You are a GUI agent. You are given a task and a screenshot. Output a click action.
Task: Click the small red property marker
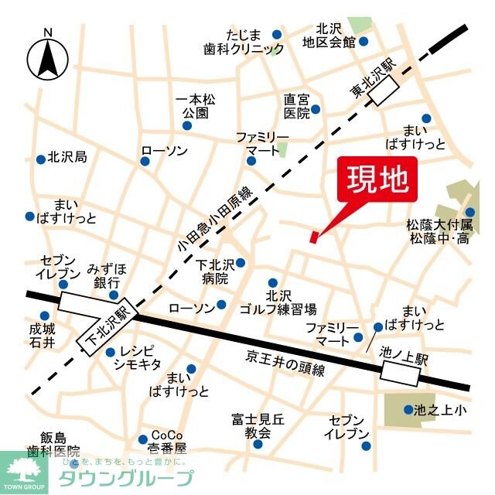tap(313, 236)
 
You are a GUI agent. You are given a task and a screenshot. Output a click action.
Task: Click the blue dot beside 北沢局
tap(40, 159)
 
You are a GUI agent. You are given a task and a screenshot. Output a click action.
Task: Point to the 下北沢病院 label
tap(212, 271)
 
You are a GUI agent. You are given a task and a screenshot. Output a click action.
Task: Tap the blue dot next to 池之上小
tap(408, 410)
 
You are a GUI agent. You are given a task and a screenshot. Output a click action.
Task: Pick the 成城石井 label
tap(43, 335)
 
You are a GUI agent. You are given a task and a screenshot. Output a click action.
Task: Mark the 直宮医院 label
tap(296, 106)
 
